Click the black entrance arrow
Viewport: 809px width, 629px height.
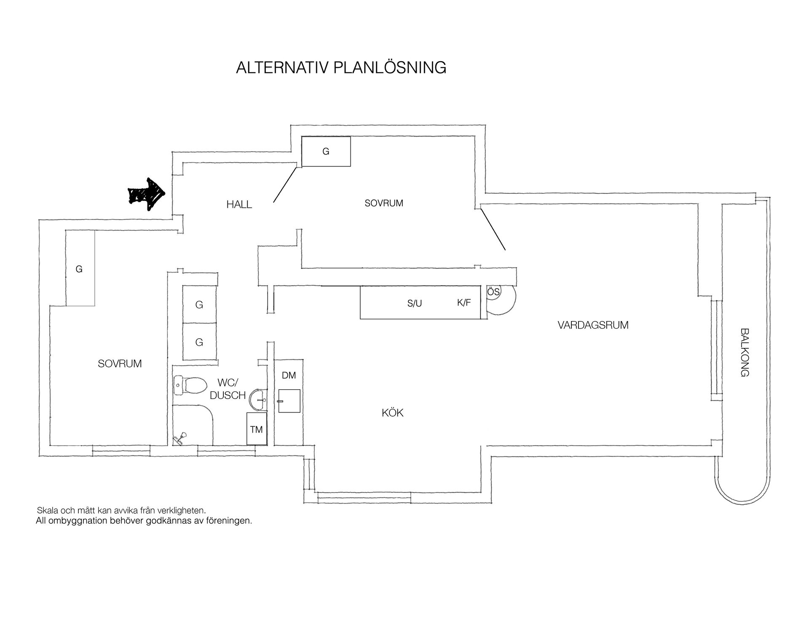point(147,194)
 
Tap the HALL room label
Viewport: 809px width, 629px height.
point(239,205)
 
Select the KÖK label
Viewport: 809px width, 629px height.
point(392,413)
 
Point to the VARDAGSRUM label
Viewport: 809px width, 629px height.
point(593,325)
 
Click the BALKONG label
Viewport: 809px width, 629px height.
point(745,352)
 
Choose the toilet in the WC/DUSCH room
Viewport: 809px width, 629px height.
point(190,385)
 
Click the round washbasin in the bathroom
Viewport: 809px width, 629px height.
point(258,399)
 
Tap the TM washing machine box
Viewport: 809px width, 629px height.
point(257,429)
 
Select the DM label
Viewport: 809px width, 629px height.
point(289,375)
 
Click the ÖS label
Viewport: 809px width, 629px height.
point(493,292)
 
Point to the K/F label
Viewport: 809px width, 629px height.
point(464,302)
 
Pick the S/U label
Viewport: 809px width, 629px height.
point(415,303)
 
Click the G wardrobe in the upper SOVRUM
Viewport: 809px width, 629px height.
point(326,151)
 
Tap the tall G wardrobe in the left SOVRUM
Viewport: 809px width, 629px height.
point(80,268)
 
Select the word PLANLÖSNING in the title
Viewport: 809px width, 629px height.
point(390,67)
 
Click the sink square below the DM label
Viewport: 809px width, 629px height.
point(289,401)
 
